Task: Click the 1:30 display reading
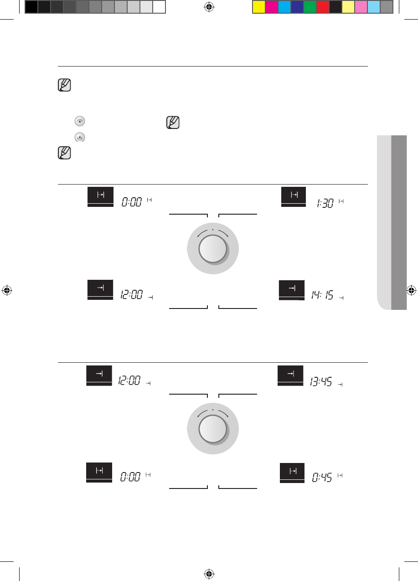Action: (x=325, y=203)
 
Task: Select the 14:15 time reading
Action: (x=322, y=295)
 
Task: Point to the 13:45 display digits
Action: (x=321, y=381)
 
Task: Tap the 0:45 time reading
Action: (x=322, y=477)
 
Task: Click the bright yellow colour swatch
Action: (x=259, y=7)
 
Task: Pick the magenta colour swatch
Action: (x=271, y=7)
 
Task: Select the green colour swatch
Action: (x=310, y=7)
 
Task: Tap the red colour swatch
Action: (x=323, y=7)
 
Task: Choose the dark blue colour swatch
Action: (x=297, y=7)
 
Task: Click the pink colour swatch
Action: (x=361, y=7)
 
